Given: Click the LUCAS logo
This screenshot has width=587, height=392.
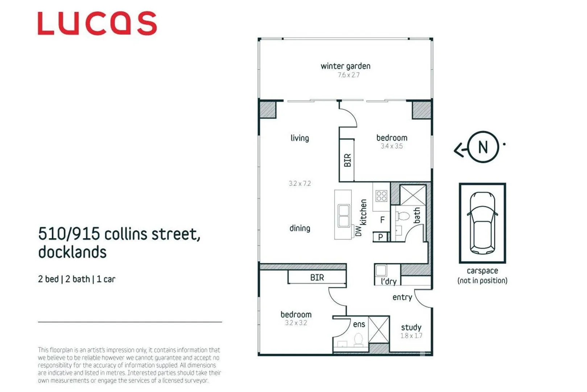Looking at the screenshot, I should click(97, 23).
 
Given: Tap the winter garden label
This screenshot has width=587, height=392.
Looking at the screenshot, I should click(345, 66).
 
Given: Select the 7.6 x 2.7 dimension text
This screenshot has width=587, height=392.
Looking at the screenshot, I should click(348, 75).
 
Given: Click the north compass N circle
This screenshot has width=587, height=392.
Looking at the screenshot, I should click(483, 147).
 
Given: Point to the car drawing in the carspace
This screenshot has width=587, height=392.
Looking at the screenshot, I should click(482, 223).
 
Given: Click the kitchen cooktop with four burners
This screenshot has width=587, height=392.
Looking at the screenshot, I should click(381, 196).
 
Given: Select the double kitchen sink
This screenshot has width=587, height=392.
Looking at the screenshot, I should click(343, 216).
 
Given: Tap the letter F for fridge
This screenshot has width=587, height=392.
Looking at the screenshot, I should click(382, 220).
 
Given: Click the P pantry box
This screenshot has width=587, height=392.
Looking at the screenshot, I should click(380, 237).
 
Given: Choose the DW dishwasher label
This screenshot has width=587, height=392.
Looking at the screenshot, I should click(358, 231).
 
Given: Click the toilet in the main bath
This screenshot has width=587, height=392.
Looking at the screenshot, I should click(402, 216).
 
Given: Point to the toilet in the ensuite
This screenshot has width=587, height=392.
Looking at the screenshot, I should click(358, 340).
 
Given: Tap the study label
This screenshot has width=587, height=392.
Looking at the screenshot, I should click(411, 327).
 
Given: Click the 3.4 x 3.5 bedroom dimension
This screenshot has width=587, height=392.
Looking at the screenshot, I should click(392, 146).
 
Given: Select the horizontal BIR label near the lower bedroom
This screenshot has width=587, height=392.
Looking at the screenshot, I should click(317, 278).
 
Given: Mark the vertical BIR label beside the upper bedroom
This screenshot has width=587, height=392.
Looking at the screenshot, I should click(347, 160).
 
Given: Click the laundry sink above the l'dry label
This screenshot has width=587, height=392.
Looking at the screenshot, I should click(381, 270).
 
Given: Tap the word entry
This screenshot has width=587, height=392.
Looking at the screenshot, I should click(402, 297).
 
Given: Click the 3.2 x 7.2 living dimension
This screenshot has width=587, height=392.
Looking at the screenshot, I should click(299, 184).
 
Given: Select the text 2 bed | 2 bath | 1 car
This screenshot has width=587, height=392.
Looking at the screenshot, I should click(77, 279).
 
